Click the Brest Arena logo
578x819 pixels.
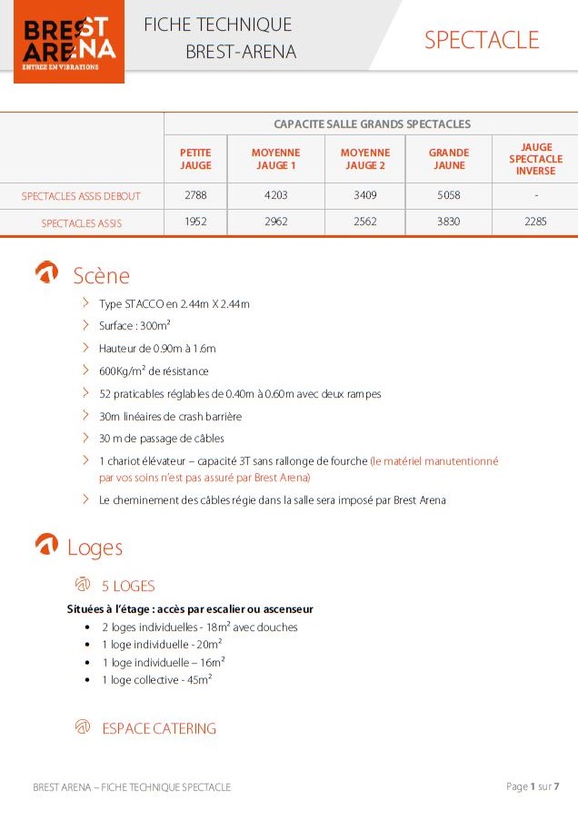(69, 43)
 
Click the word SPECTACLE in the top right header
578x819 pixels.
(481, 40)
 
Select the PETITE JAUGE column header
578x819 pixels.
(195, 159)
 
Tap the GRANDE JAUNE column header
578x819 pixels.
(448, 159)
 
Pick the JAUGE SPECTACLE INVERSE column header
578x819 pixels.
(535, 159)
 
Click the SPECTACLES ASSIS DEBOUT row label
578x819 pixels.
(82, 195)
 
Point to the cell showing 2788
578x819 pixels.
(195, 195)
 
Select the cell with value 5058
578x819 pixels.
(448, 195)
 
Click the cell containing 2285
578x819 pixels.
(535, 222)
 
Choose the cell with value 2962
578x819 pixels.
(276, 222)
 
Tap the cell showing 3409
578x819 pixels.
(364, 195)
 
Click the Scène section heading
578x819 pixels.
(101, 276)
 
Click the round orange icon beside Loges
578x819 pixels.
(46, 545)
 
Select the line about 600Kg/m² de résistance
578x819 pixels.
(154, 370)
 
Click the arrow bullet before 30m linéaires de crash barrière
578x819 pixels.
(85, 416)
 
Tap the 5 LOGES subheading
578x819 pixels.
(127, 586)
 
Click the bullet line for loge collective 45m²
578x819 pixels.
(156, 679)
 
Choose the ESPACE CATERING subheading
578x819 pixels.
(158, 728)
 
